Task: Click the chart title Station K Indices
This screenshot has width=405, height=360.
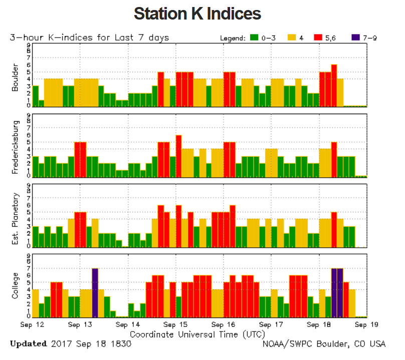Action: tap(197, 14)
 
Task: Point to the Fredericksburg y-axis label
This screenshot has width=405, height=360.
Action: tap(16, 146)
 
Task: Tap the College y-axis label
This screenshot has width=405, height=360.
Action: tap(16, 285)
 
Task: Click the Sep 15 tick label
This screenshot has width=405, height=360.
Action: tap(175, 324)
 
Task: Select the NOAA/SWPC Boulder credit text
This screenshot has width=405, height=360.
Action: tap(324, 344)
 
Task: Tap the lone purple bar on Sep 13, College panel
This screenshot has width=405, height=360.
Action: tap(95, 293)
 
